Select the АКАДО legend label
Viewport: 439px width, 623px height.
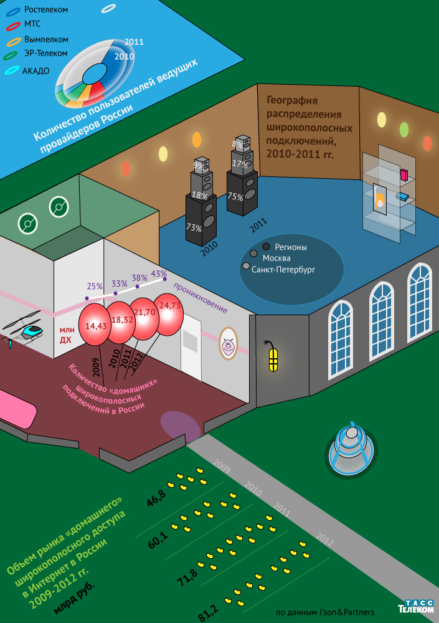click(35, 70)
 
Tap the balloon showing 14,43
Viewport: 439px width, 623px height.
click(96, 325)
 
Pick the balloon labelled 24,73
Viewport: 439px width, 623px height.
click(169, 306)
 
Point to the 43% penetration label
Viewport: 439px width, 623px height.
click(159, 273)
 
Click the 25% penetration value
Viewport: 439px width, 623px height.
click(95, 287)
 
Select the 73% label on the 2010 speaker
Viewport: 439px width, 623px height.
click(194, 229)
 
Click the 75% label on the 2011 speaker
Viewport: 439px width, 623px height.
click(235, 196)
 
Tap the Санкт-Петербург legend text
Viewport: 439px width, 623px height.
click(283, 270)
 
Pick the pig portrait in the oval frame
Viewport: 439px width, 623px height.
click(228, 344)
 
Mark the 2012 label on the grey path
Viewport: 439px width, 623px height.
click(324, 536)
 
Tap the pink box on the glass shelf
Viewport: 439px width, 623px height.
click(404, 174)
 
